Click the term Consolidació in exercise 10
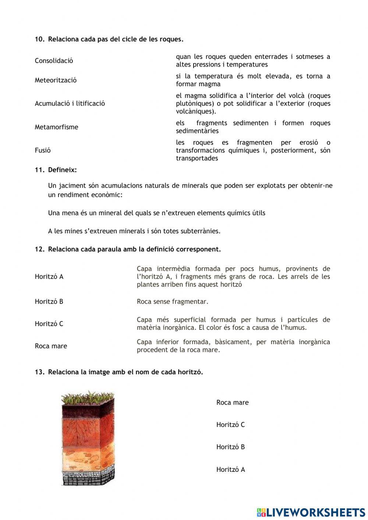[x=54, y=61]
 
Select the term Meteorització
[x=56, y=80]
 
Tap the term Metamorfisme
[x=56, y=127]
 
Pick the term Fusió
[x=43, y=150]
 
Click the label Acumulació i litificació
[x=70, y=103]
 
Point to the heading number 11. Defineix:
[x=56, y=170]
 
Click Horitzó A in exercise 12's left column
[x=49, y=276]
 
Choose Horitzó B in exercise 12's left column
[x=49, y=301]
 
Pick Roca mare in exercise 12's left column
[x=51, y=346]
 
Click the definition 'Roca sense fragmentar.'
[x=172, y=302]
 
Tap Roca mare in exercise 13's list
[x=232, y=403]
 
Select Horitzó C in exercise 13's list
[x=230, y=425]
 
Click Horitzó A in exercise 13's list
[x=230, y=470]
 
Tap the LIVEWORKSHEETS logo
[x=311, y=512]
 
